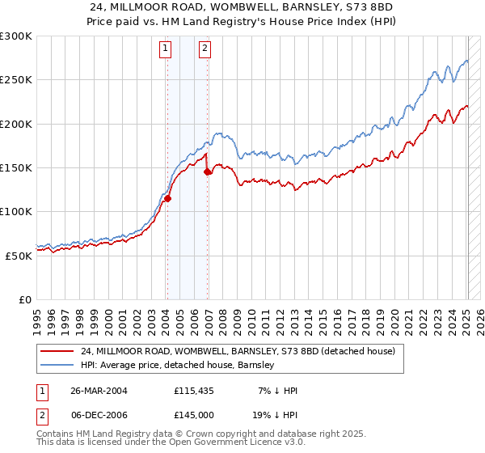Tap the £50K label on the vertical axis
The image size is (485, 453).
(x=17, y=255)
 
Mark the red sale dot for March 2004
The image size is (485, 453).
(x=168, y=198)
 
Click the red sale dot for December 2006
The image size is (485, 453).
(x=208, y=171)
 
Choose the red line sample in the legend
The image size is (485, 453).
(x=57, y=352)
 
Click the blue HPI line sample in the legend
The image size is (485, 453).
(x=57, y=366)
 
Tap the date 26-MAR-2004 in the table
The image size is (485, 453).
(x=99, y=391)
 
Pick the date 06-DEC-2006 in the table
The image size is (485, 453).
(x=99, y=415)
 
